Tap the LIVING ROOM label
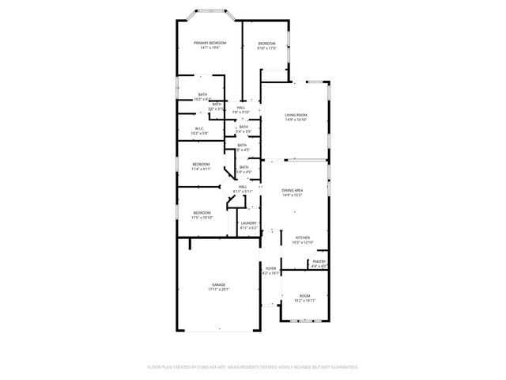point(296,116)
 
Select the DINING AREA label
point(293,190)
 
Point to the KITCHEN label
point(303,237)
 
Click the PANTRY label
point(319,261)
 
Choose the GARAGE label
point(217,284)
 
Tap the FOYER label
point(271,268)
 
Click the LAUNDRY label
point(248,223)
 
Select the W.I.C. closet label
point(199,128)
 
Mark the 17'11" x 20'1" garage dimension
point(217,290)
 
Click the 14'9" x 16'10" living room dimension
point(296,121)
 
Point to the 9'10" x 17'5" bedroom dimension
point(266,48)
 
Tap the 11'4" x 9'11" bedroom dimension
point(201,169)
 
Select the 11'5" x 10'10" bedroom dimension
point(202,218)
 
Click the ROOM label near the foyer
point(304,295)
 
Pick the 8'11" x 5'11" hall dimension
point(243,192)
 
